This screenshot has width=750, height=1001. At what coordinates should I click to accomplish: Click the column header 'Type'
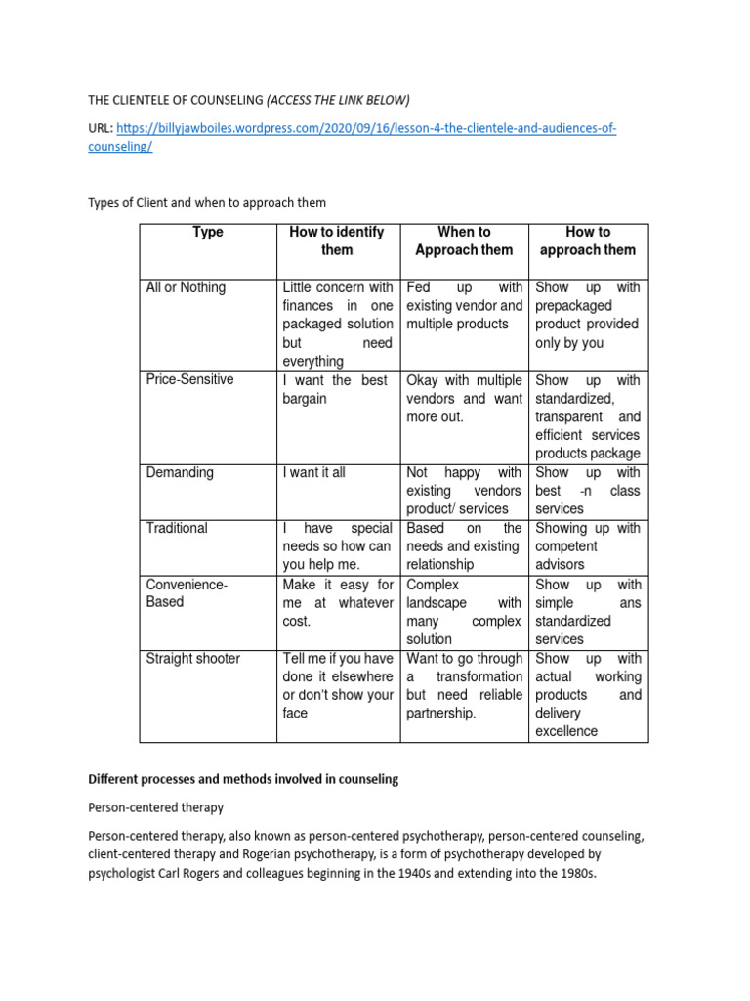(x=208, y=232)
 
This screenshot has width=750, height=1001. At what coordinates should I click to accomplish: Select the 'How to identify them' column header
(x=337, y=240)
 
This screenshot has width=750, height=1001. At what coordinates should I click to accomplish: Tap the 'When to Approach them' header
(x=464, y=240)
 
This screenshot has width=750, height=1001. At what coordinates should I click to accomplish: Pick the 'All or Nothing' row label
(x=186, y=287)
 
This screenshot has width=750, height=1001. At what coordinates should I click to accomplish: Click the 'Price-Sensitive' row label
(x=189, y=379)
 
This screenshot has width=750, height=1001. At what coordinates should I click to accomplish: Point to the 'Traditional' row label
(x=177, y=528)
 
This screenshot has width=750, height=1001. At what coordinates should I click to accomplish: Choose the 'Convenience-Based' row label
(x=186, y=593)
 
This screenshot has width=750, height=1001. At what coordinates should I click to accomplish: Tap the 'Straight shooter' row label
(x=192, y=659)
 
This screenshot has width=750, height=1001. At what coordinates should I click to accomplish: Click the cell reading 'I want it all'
(x=313, y=472)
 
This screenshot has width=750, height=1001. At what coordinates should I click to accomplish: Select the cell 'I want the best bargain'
(x=337, y=389)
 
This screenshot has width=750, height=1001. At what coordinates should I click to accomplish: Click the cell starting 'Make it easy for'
(x=337, y=602)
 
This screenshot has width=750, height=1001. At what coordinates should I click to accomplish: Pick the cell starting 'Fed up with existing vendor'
(x=464, y=306)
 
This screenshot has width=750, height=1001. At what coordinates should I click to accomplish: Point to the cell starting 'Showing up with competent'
(x=587, y=546)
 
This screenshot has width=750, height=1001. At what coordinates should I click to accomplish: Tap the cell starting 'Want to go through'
(x=464, y=686)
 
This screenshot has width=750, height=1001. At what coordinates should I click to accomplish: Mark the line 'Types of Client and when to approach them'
(x=207, y=202)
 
